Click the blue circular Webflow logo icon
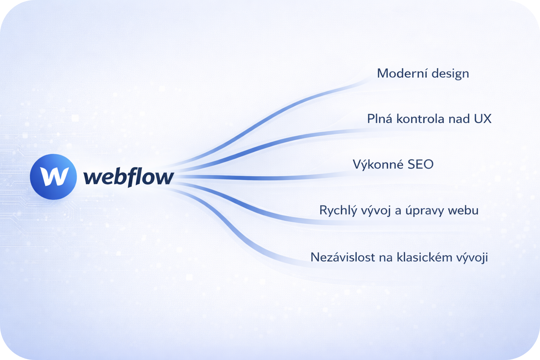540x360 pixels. coord(53,177)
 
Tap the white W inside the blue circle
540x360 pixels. coord(54,176)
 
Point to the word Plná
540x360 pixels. coord(380,118)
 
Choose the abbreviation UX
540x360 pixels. coord(483,119)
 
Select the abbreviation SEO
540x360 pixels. coord(421,165)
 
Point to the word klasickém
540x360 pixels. coord(425,257)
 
